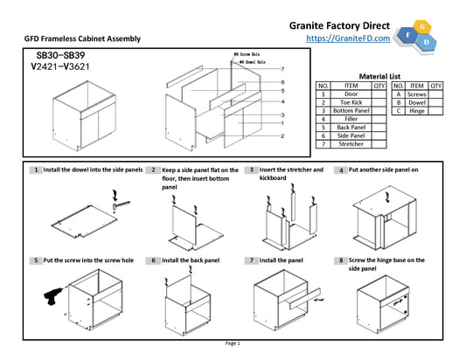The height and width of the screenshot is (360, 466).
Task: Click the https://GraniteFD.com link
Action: coord(348,38)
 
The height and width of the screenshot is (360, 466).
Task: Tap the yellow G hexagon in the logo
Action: coord(422,27)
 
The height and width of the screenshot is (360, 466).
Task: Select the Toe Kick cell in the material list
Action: coord(351,102)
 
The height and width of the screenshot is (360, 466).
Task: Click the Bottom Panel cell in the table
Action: coord(351,111)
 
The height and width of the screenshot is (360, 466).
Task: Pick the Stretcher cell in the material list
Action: coord(351,144)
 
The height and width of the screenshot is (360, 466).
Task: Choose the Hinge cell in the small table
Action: coord(417,111)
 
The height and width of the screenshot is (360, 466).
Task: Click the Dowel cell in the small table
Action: coord(417,103)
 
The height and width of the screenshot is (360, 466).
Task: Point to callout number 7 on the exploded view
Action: coord(282,69)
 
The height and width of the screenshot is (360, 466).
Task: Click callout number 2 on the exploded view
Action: coord(282,136)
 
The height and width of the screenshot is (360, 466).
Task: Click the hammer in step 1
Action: coord(121,205)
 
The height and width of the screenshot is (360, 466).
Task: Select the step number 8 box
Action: coord(341,260)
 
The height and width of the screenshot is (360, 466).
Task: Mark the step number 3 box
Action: coord(252,170)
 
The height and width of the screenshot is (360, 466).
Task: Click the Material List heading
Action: coord(379,76)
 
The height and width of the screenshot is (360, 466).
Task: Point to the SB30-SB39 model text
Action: coord(60,55)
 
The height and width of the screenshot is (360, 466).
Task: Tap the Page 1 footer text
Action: coord(233,343)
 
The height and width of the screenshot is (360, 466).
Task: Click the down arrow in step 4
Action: coord(387,197)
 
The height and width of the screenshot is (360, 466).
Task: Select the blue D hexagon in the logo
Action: coord(427,42)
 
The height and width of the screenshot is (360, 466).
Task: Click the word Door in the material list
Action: coord(351,94)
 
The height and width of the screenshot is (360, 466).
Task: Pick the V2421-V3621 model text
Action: coord(60,66)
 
